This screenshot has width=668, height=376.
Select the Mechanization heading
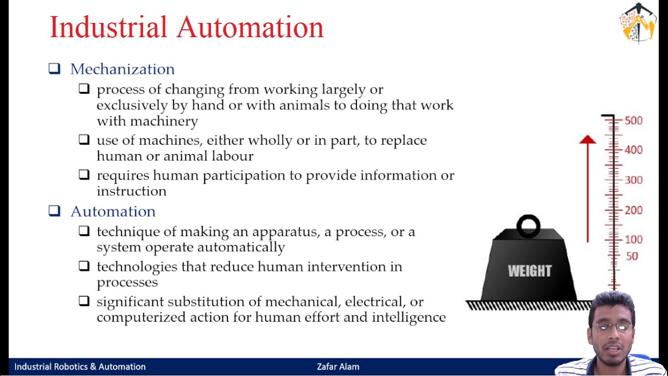pos(122,69)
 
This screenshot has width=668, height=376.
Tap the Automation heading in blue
pos(113,211)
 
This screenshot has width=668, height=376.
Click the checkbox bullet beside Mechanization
pos(54,68)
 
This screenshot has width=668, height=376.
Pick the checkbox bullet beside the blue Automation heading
pos(54,210)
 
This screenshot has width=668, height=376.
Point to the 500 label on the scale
pos(634,121)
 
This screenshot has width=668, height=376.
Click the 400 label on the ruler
pos(634,150)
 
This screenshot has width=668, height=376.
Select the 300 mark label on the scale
pos(634,180)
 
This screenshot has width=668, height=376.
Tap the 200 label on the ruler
pos(634,210)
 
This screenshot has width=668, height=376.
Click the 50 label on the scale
pos(631,256)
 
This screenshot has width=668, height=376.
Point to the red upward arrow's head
pos(588,139)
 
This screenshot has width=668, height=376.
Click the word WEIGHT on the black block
pos(530,271)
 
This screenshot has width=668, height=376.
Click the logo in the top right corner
pos(637,23)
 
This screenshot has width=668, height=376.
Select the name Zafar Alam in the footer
pos(338,367)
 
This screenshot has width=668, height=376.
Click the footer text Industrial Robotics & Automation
pos(80,367)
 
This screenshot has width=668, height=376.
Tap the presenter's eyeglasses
pos(612,327)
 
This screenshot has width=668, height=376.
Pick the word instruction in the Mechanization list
pos(132,191)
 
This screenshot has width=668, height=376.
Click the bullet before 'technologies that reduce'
pos(84,266)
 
